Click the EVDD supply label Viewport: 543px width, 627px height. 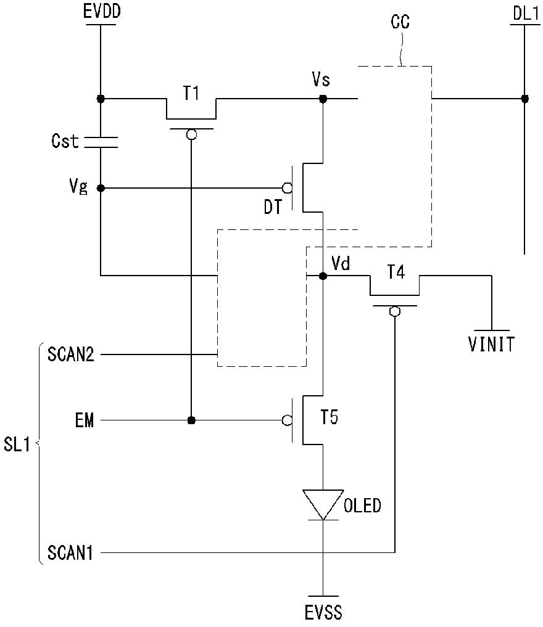[102, 11]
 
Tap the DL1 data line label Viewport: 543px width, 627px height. [526, 14]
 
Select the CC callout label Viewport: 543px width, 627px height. [400, 22]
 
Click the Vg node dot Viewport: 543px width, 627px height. [101, 187]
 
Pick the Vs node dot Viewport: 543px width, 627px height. [323, 99]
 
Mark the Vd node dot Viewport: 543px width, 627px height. [323, 276]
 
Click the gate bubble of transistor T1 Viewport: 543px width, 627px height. [192, 134]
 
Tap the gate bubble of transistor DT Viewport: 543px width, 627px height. [287, 187]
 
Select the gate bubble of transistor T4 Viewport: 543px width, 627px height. [395, 311]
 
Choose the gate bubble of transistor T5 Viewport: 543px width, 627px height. [287, 420]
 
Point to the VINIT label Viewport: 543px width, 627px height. [491, 344]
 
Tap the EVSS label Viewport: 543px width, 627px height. [323, 613]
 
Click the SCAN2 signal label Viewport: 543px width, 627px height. [71, 354]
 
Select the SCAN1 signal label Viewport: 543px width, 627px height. [70, 552]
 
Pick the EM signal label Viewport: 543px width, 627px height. [85, 420]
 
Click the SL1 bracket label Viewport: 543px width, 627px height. [17, 445]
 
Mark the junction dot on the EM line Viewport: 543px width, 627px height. [192, 420]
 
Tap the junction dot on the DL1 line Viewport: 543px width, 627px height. [524, 99]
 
